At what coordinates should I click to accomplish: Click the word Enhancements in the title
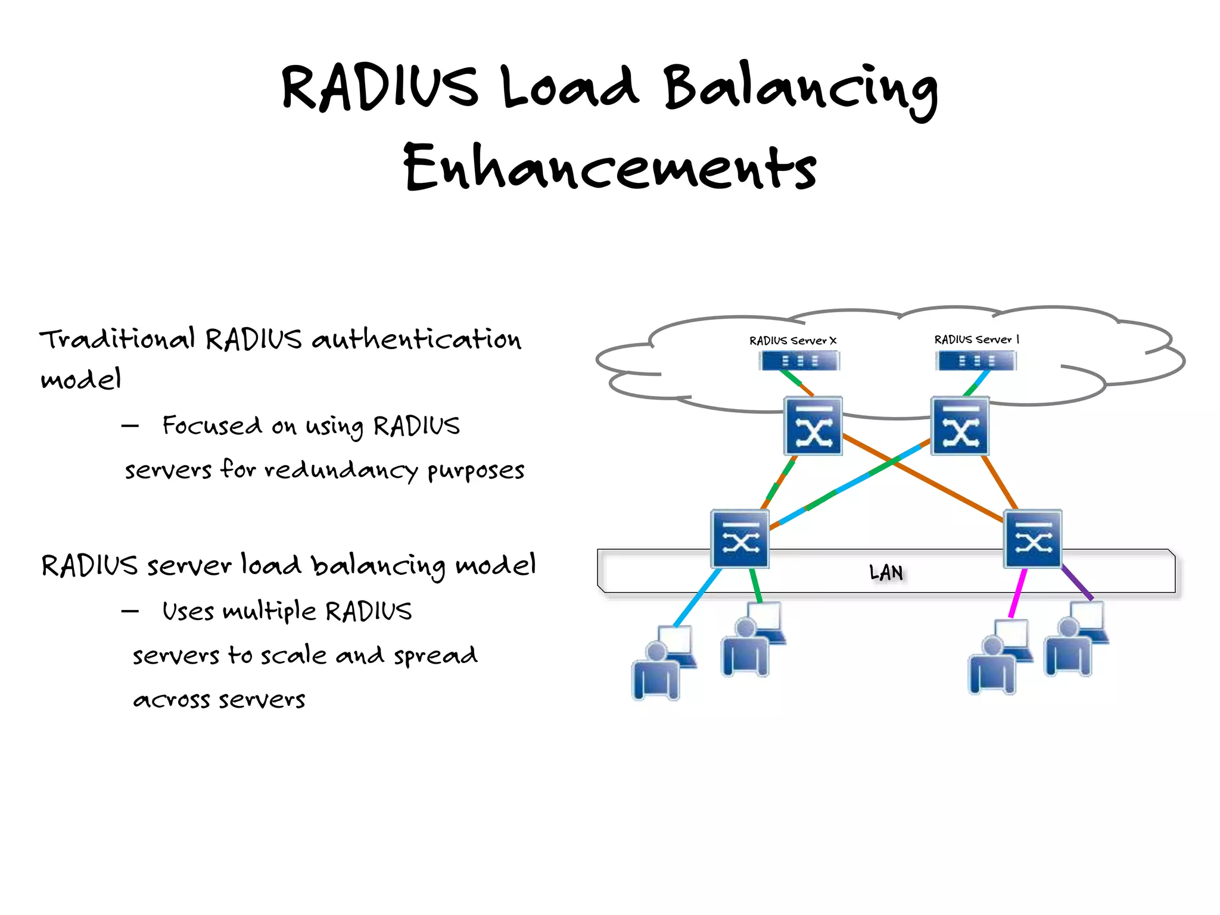point(610,168)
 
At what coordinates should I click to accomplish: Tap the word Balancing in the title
point(801,89)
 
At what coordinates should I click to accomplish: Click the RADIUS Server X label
point(793,341)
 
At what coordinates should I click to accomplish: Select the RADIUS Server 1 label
point(976,340)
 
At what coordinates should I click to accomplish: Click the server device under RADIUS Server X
point(799,361)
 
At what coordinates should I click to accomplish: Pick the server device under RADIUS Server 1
point(976,361)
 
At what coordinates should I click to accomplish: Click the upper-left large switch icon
point(813,426)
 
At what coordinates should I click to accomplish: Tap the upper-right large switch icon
point(959,426)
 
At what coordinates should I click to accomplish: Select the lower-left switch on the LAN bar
point(740,539)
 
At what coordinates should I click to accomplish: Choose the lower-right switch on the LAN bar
point(1032,539)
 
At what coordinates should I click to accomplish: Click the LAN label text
point(886,572)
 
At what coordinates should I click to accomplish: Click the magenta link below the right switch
point(1017,593)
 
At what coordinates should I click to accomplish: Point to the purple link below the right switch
point(1077,583)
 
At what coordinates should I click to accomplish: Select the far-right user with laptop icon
point(1075,640)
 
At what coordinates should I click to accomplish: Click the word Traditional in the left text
point(117,340)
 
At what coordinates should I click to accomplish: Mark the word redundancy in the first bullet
point(341,471)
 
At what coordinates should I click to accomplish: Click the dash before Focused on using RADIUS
point(130,426)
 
